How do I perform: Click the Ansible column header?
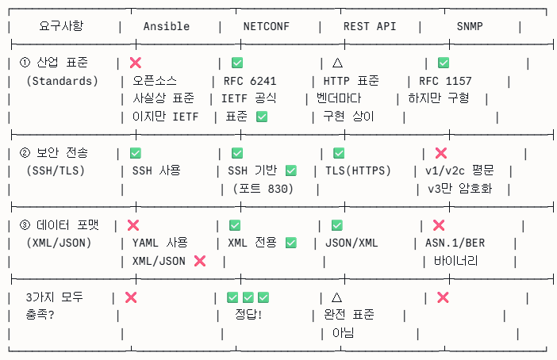pos(166,26)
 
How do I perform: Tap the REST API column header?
pos(369,26)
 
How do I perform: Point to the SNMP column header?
pos(470,26)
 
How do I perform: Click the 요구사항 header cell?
pos(60,26)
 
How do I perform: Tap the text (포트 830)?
pos(263,189)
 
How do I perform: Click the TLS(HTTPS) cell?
pos(358,170)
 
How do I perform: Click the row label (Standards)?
pos(62,81)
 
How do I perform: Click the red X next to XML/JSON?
pos(200,260)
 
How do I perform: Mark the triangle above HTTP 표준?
pos(336,62)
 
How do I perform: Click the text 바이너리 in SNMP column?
pos(450,260)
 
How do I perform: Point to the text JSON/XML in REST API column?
pos(351,243)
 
